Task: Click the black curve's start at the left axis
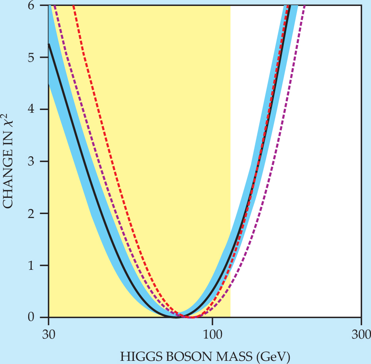point(49,44)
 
